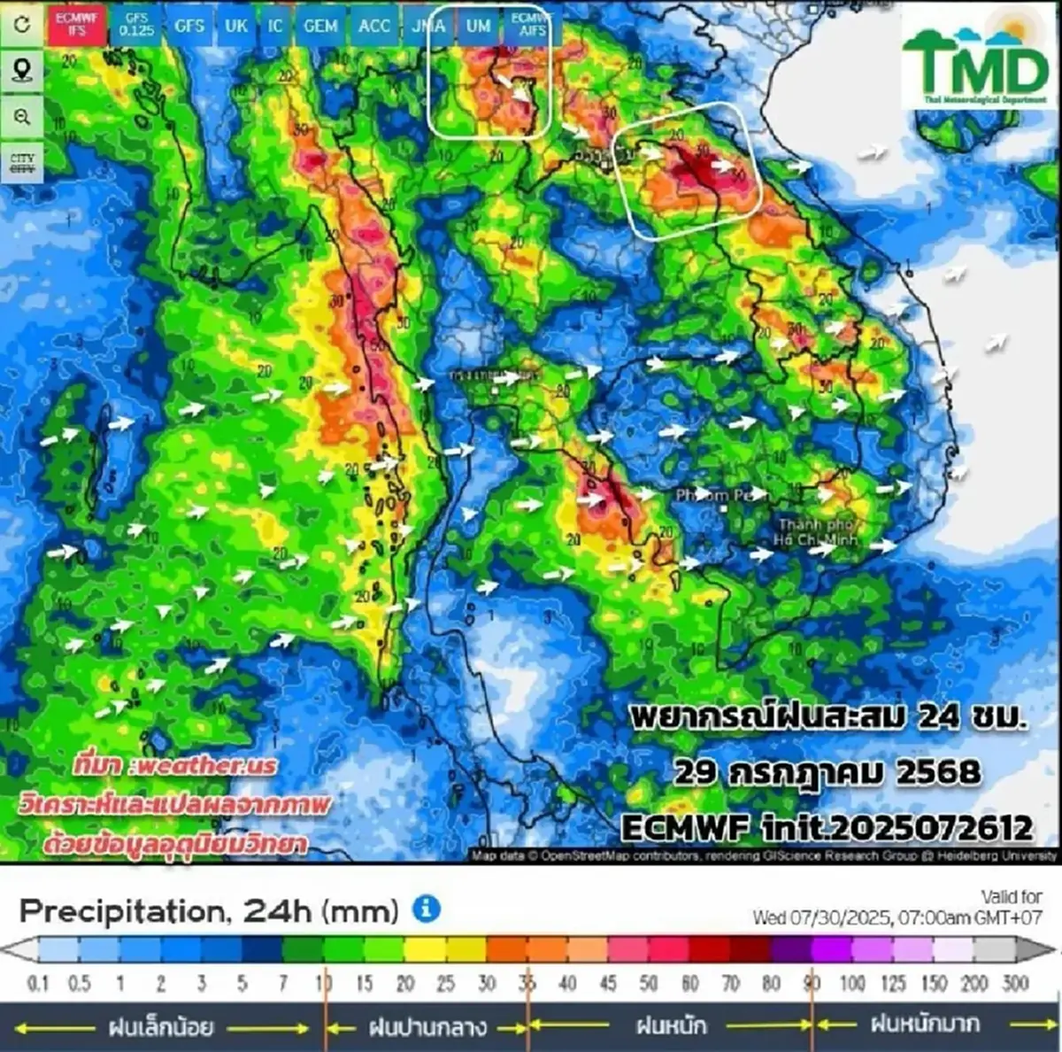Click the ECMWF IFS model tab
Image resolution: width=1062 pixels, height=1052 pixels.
click(x=76, y=25)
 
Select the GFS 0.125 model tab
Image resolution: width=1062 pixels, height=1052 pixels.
click(x=136, y=25)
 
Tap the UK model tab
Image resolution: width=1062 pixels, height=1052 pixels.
click(x=236, y=26)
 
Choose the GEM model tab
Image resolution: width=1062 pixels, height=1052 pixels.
click(x=320, y=26)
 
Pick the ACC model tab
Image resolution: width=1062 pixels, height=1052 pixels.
click(x=374, y=26)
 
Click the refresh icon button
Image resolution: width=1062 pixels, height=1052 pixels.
click(x=22, y=24)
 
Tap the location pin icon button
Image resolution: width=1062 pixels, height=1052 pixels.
click(x=22, y=70)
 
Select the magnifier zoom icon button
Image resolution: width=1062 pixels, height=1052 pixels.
click(x=22, y=117)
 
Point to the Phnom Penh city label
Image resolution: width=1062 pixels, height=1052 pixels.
click(x=720, y=495)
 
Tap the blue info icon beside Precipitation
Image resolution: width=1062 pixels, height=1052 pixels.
click(x=427, y=909)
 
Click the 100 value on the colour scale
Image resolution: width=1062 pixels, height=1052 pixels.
click(x=852, y=983)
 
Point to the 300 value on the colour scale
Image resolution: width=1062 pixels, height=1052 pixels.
click(x=1015, y=983)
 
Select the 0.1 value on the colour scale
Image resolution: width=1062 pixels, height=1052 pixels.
click(x=38, y=983)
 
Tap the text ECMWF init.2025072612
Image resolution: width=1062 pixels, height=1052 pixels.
click(x=827, y=827)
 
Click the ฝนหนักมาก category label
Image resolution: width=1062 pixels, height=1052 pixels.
click(x=925, y=1025)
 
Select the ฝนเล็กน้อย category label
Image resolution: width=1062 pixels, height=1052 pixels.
click(x=160, y=1027)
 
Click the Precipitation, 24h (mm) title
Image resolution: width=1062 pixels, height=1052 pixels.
click(x=209, y=910)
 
